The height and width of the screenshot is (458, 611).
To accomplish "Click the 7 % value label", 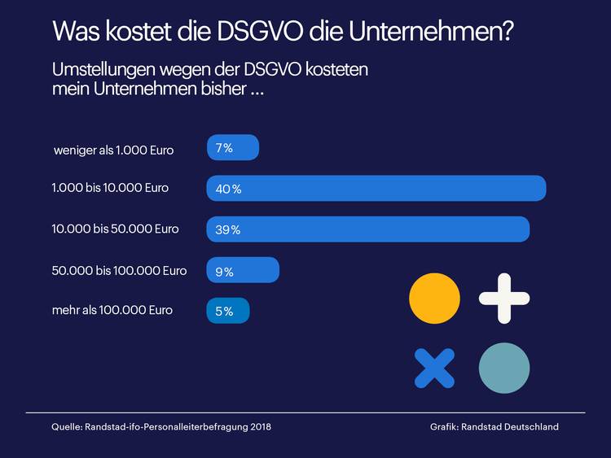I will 225,148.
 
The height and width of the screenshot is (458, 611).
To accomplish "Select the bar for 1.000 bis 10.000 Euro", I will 376,188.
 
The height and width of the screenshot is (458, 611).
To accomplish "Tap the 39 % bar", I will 367,229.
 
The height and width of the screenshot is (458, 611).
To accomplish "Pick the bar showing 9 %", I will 243,271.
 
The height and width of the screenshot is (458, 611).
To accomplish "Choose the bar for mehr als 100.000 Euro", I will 228,311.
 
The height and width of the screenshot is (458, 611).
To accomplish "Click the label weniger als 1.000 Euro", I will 113,150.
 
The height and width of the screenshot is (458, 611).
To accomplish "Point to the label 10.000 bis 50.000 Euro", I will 115,229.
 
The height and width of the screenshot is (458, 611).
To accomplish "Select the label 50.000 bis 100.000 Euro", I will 119,270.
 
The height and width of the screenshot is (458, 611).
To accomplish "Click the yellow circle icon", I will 434,299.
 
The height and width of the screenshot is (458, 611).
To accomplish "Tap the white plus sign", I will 504,299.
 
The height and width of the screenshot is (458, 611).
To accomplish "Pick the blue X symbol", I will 434,368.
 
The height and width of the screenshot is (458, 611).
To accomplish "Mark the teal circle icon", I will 504,368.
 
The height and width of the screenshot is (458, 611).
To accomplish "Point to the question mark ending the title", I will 507,32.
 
